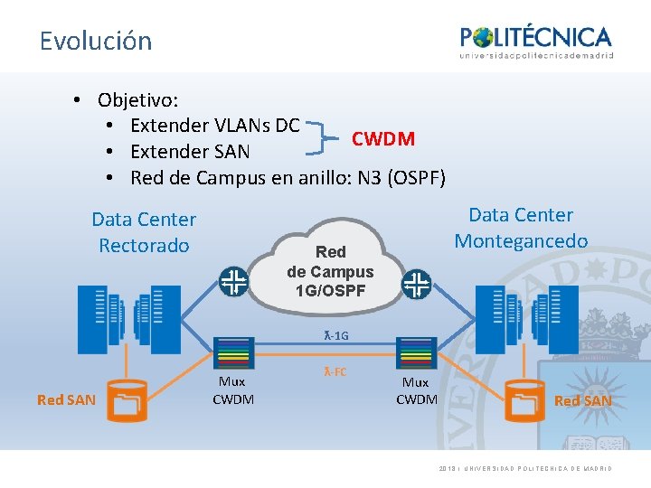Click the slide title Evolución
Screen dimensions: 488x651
(96, 41)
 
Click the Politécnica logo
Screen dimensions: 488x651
(536, 42)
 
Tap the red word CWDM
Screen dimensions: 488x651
(383, 139)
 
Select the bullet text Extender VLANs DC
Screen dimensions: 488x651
(214, 125)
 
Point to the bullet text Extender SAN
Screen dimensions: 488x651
(190, 152)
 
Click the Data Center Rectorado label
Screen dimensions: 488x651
(144, 232)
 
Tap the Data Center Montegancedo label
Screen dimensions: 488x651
(521, 228)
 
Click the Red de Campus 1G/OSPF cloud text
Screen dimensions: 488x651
(330, 271)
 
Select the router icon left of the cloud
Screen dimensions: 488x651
(233, 281)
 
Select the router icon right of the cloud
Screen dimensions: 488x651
(417, 285)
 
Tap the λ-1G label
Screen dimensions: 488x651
(335, 336)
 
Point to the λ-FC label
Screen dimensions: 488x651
(335, 371)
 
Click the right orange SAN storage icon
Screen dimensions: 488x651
(524, 401)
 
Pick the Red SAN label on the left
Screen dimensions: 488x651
(66, 399)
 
